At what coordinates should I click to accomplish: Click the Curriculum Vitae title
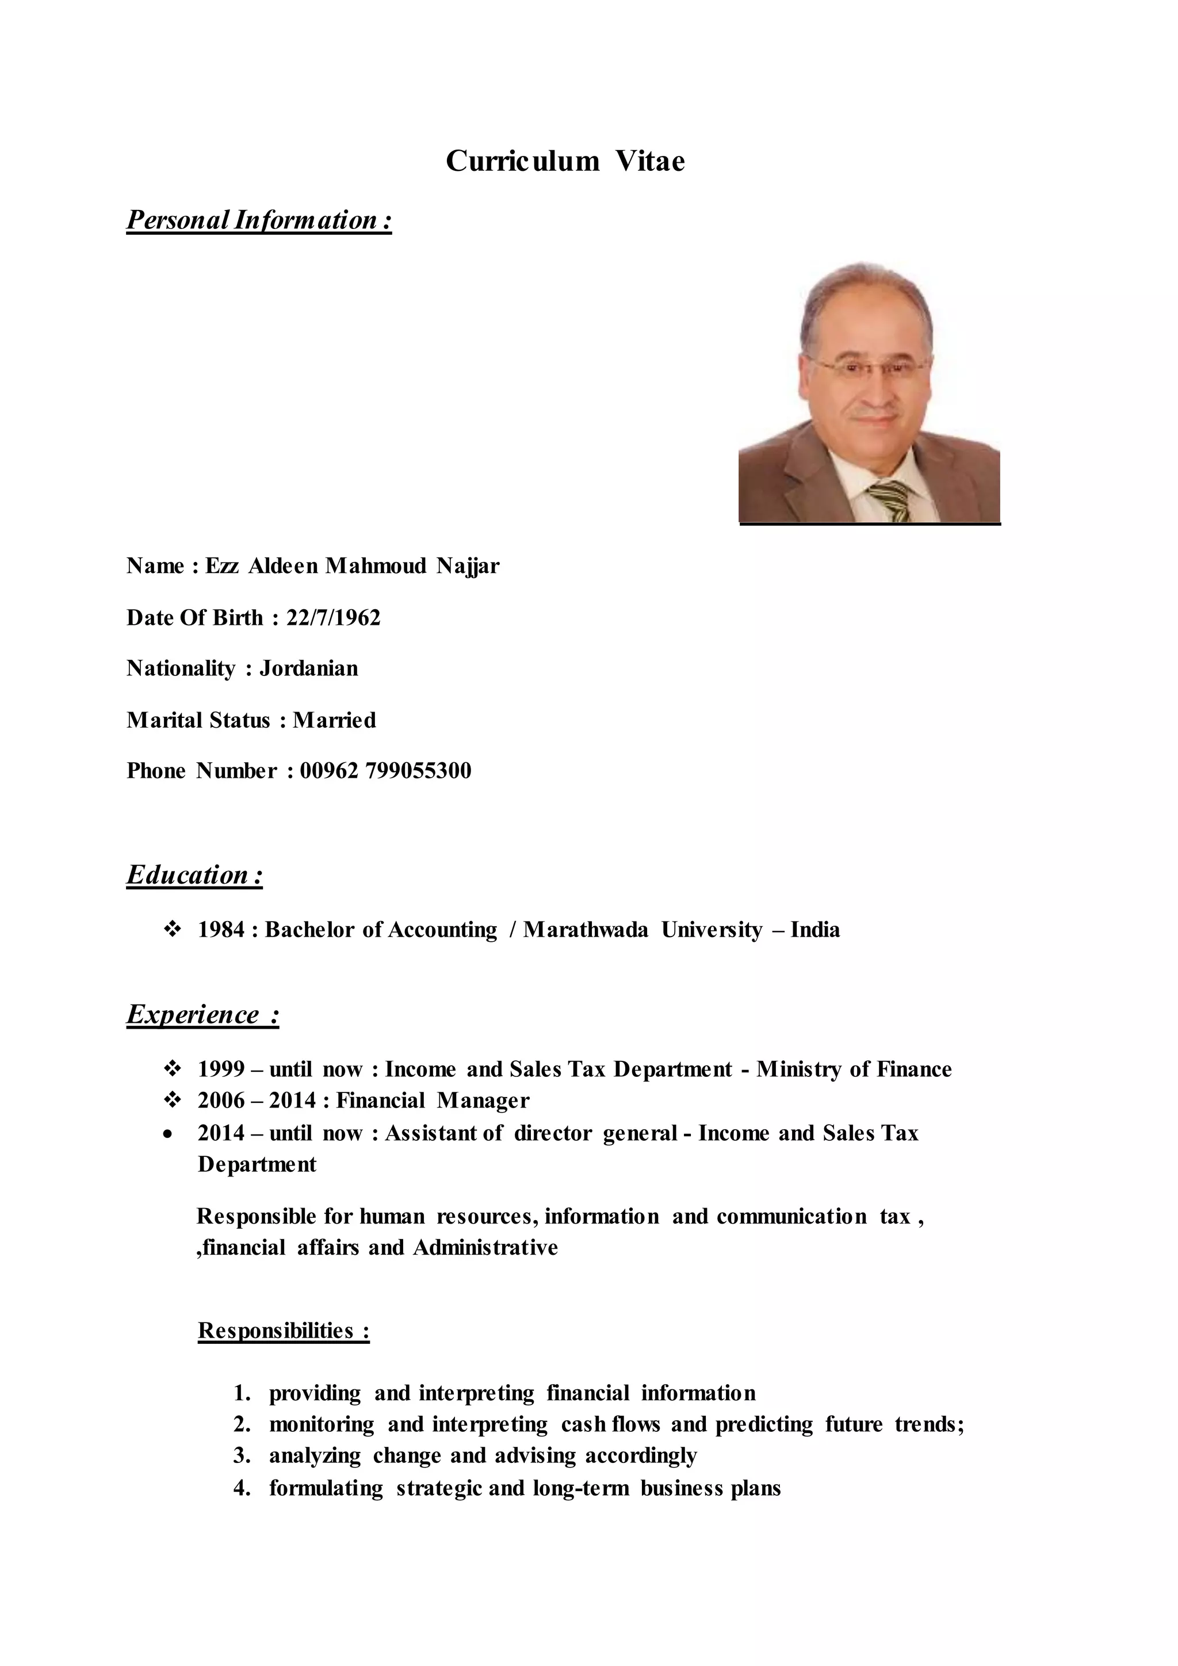click(565, 161)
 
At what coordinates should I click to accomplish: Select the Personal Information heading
click(259, 219)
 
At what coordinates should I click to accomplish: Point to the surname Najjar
click(468, 566)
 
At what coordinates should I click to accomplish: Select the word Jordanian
click(309, 668)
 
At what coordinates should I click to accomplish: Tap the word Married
click(334, 720)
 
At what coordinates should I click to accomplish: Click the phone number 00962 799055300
click(385, 771)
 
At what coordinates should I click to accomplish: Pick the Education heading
click(194, 875)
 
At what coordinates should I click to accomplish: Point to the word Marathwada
click(586, 930)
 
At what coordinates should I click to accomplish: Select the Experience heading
click(202, 1014)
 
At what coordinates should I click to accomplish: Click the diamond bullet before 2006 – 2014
click(173, 1101)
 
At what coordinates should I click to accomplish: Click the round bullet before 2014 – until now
click(169, 1134)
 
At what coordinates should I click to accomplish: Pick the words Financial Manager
click(433, 1101)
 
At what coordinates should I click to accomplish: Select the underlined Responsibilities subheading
click(284, 1331)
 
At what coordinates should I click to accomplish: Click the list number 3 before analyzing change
click(242, 1456)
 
